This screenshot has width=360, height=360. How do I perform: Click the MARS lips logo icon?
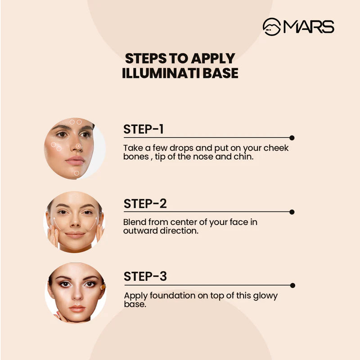(x=272, y=27)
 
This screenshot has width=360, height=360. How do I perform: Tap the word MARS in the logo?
(x=309, y=27)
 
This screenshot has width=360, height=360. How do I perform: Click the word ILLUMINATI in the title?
(x=161, y=73)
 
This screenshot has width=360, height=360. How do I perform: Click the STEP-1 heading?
(x=144, y=129)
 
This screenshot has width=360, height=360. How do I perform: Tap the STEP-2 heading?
(x=145, y=204)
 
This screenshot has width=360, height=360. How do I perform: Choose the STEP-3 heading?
(x=145, y=276)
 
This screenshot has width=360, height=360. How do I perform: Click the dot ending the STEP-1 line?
(x=292, y=138)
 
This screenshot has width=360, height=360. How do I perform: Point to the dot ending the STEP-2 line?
(x=292, y=212)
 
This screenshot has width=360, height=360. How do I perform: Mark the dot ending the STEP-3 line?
(x=292, y=285)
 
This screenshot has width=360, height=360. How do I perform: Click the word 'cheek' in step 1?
(x=276, y=148)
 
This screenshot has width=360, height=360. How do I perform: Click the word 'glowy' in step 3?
(x=265, y=296)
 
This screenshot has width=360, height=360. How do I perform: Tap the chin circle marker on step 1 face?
(x=76, y=173)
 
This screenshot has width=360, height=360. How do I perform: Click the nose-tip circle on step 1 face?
(x=78, y=146)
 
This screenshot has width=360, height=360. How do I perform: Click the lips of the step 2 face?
(x=75, y=234)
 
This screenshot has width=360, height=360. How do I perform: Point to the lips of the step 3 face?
(x=77, y=308)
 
